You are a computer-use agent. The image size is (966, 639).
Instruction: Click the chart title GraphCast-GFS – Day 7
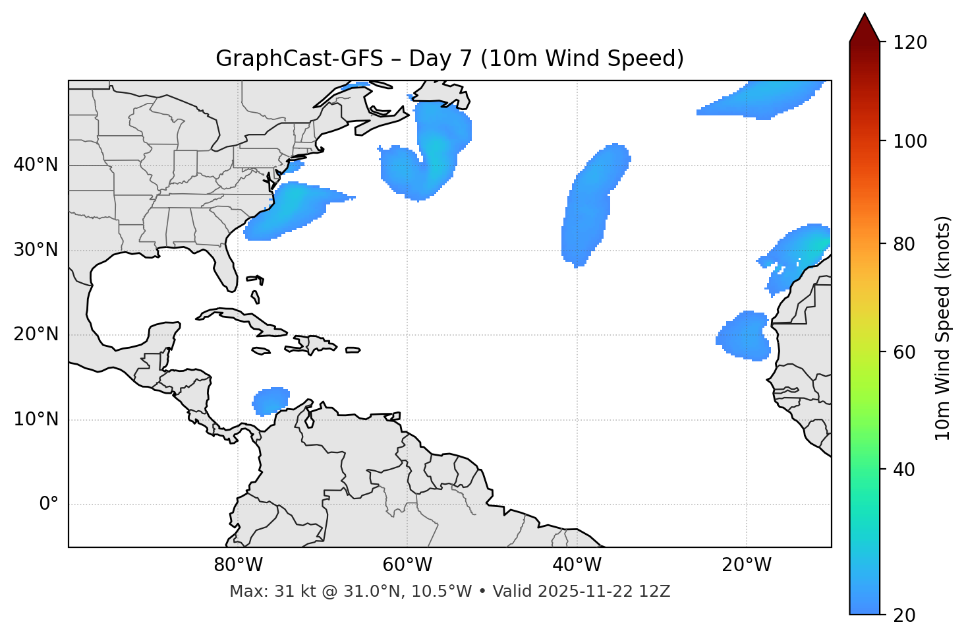coord(449,59)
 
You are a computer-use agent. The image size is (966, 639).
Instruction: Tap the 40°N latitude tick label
coord(36,165)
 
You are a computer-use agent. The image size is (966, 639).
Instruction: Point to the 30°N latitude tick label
coord(36,250)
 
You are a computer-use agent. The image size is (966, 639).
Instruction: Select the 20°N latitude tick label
coord(36,334)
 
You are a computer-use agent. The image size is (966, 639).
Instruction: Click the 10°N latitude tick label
coord(36,419)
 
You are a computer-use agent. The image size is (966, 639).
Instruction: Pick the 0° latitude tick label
coord(49,504)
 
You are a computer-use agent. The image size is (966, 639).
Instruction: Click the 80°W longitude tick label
coord(238,565)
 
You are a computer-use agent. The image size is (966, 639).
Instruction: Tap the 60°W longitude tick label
coord(407,565)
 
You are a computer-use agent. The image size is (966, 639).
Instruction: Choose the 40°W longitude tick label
coord(577,565)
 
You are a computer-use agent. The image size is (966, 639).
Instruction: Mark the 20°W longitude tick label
coord(747,565)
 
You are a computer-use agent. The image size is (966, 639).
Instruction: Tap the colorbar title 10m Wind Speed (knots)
coord(943,328)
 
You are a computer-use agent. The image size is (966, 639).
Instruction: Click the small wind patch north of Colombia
coord(271,400)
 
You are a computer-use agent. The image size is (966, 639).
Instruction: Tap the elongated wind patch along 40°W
coord(588,204)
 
